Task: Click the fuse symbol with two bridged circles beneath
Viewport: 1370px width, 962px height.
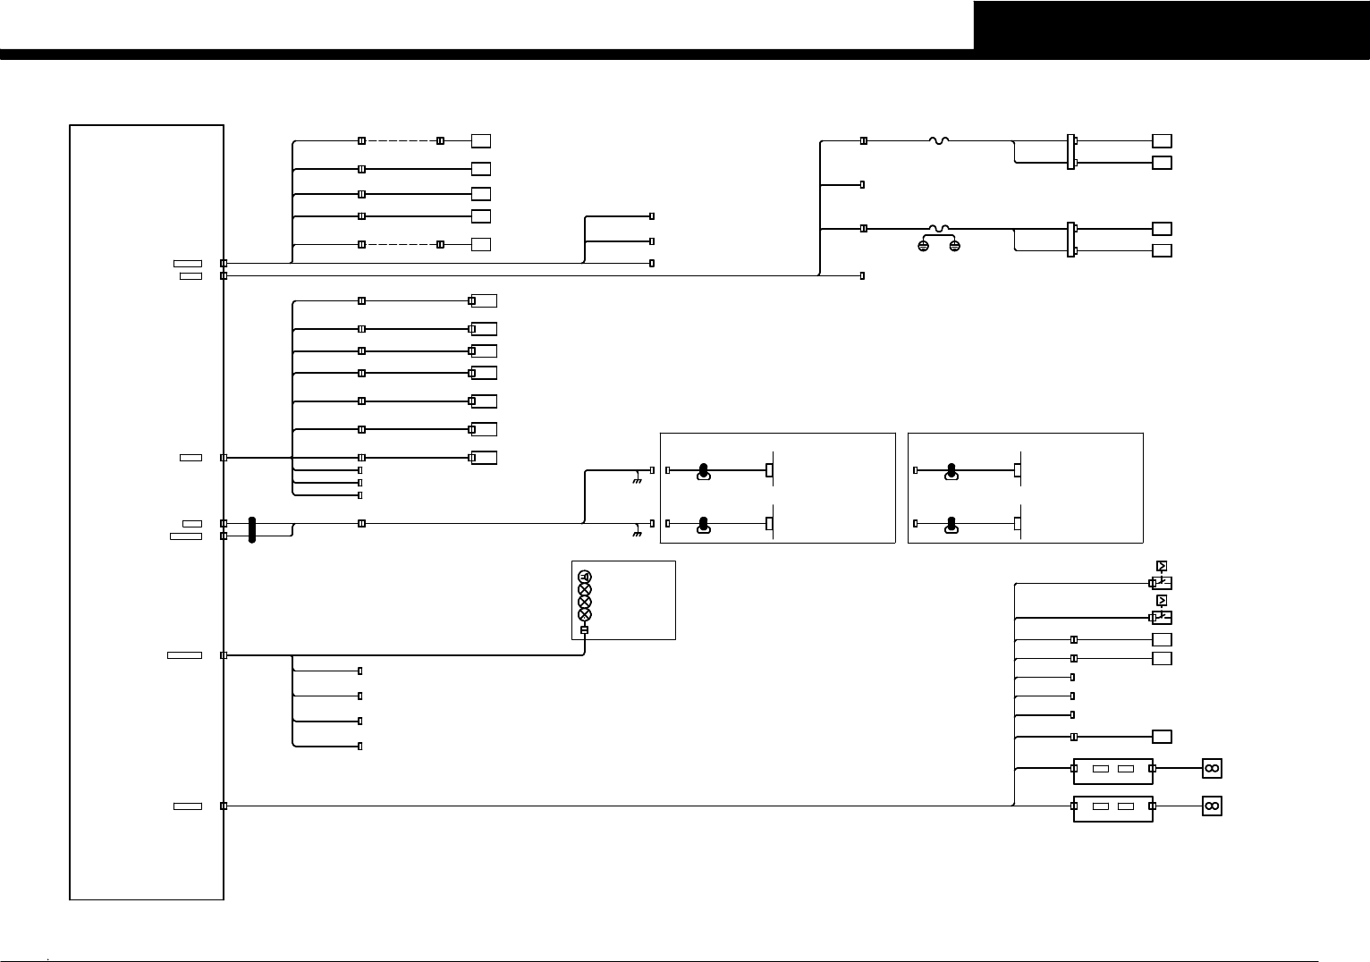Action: click(x=939, y=229)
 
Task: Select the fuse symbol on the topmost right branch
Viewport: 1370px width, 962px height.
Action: click(x=939, y=140)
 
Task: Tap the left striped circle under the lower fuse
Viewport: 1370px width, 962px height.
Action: click(x=924, y=245)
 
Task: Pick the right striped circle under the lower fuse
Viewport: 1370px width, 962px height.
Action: click(x=954, y=245)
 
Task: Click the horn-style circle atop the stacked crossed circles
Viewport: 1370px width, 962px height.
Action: click(x=585, y=577)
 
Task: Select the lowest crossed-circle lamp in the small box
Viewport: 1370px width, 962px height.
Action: click(x=585, y=614)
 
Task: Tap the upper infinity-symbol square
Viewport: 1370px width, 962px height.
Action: click(x=1212, y=768)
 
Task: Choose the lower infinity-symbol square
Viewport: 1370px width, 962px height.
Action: click(x=1212, y=806)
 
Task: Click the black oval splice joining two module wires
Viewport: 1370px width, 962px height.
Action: click(x=252, y=529)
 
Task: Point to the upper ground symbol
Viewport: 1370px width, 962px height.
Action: click(x=637, y=481)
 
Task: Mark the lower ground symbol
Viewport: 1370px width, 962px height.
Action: click(x=637, y=535)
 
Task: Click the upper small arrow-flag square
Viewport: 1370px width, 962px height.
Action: click(x=1162, y=566)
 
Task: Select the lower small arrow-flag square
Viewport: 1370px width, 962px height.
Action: click(x=1162, y=600)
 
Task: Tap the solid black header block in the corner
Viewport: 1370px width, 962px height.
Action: click(x=1171, y=25)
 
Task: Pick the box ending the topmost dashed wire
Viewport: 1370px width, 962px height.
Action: click(x=481, y=141)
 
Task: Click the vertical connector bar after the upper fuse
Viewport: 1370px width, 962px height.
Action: click(x=1070, y=152)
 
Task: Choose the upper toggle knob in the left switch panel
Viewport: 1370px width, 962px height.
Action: click(x=704, y=471)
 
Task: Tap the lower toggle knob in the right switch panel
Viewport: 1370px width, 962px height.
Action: click(x=951, y=525)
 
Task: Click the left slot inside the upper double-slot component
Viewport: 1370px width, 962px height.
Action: click(x=1102, y=768)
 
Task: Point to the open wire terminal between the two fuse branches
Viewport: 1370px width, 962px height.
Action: click(x=862, y=185)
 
